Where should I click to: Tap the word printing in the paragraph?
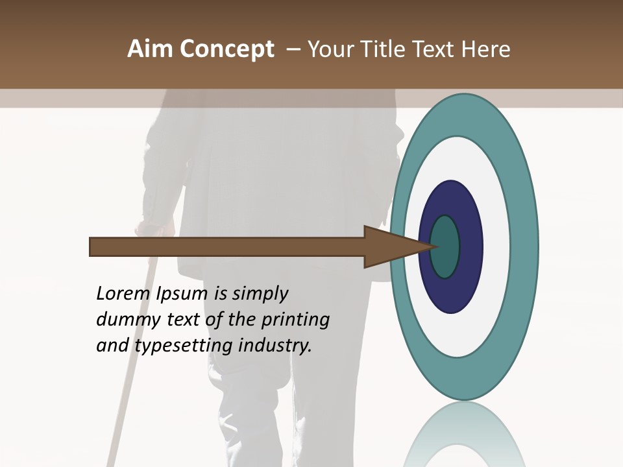click(x=296, y=320)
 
